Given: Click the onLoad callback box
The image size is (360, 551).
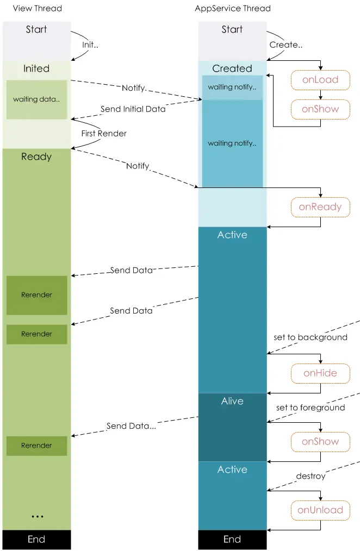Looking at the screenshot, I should pos(320,80).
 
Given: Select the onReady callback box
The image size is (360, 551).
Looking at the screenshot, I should pos(320,206).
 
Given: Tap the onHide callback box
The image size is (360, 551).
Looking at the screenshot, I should pos(320,373).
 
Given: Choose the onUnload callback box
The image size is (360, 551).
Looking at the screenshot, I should pos(320,510).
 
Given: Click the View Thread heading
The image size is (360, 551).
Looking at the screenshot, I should pos(37,9).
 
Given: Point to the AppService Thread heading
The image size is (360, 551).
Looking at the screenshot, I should pos(233,9).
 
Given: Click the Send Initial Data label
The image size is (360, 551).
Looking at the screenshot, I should pos(133,109).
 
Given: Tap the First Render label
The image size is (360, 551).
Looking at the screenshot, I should pos(104,133).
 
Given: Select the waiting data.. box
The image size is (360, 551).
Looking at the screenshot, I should pos(36,99).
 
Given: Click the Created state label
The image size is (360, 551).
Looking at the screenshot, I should pos(232,68).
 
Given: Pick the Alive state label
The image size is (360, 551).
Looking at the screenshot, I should pos(232,401).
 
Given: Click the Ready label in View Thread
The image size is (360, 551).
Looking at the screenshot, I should pos(36,157).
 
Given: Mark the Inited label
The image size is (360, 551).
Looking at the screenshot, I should pos(36,68).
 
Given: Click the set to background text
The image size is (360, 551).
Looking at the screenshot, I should pos(310,337).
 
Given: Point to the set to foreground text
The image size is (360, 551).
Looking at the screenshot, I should pos(310,408).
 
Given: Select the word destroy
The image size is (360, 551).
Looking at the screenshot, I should pos(311,476).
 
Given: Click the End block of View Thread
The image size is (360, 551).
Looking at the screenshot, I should pos(36,540).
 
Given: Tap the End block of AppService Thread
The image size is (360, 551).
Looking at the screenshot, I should pos(232,540).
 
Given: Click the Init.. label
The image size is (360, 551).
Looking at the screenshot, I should pos(90,45).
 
